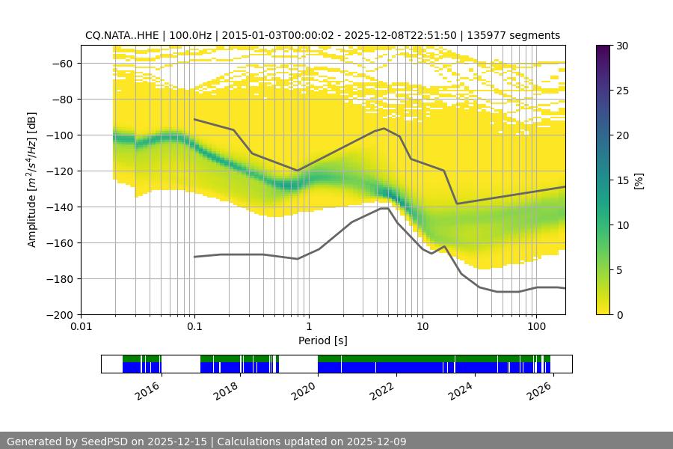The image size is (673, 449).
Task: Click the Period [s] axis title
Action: [x=322, y=340]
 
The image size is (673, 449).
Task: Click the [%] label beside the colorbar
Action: [x=638, y=180]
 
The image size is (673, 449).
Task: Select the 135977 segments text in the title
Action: [x=513, y=35]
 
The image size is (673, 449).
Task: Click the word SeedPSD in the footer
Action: [x=108, y=442]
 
